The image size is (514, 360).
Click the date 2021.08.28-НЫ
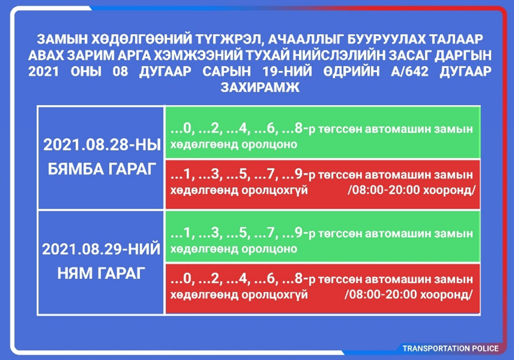(102, 144)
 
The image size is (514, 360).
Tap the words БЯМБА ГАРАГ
(102, 169)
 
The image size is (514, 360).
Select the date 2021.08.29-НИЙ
(101, 250)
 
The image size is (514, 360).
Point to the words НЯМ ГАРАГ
(101, 273)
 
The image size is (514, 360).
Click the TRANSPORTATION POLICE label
(451, 348)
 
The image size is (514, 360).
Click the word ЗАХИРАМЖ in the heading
(260, 88)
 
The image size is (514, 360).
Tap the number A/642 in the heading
(409, 72)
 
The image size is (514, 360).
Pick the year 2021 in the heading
(43, 72)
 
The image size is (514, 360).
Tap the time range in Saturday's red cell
(411, 190)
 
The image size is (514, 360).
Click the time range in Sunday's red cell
(408, 295)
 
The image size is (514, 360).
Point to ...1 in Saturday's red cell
(180, 174)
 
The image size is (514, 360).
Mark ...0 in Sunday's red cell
(181, 279)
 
